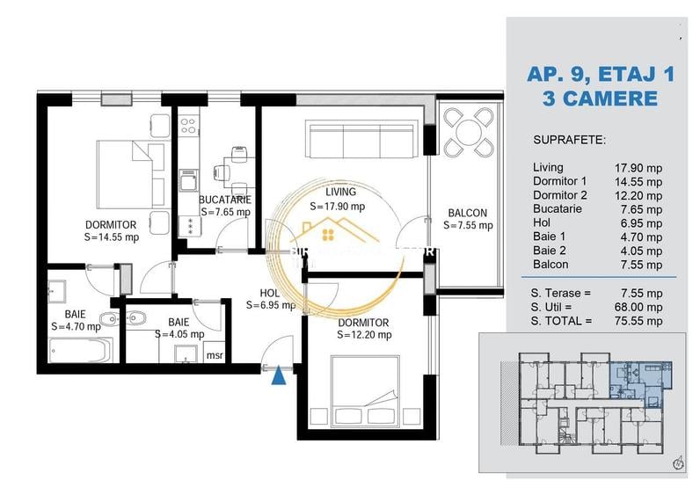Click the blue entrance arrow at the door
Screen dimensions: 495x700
(279, 375)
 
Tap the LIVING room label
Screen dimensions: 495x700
(339, 192)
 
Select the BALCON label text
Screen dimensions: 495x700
(467, 213)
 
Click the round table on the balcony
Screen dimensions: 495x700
(467, 133)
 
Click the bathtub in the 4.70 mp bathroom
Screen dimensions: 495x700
(80, 351)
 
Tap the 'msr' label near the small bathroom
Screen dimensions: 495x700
(214, 355)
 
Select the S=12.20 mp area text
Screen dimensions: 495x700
(364, 334)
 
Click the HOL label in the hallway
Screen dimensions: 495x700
(269, 294)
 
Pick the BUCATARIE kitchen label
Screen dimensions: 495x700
(225, 199)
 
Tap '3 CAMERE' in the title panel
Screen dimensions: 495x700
(601, 98)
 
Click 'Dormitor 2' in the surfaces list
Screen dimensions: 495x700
(559, 195)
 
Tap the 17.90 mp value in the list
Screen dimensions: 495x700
(638, 167)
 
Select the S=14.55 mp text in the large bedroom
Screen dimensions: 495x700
(111, 237)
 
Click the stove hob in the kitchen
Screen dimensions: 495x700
(189, 125)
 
